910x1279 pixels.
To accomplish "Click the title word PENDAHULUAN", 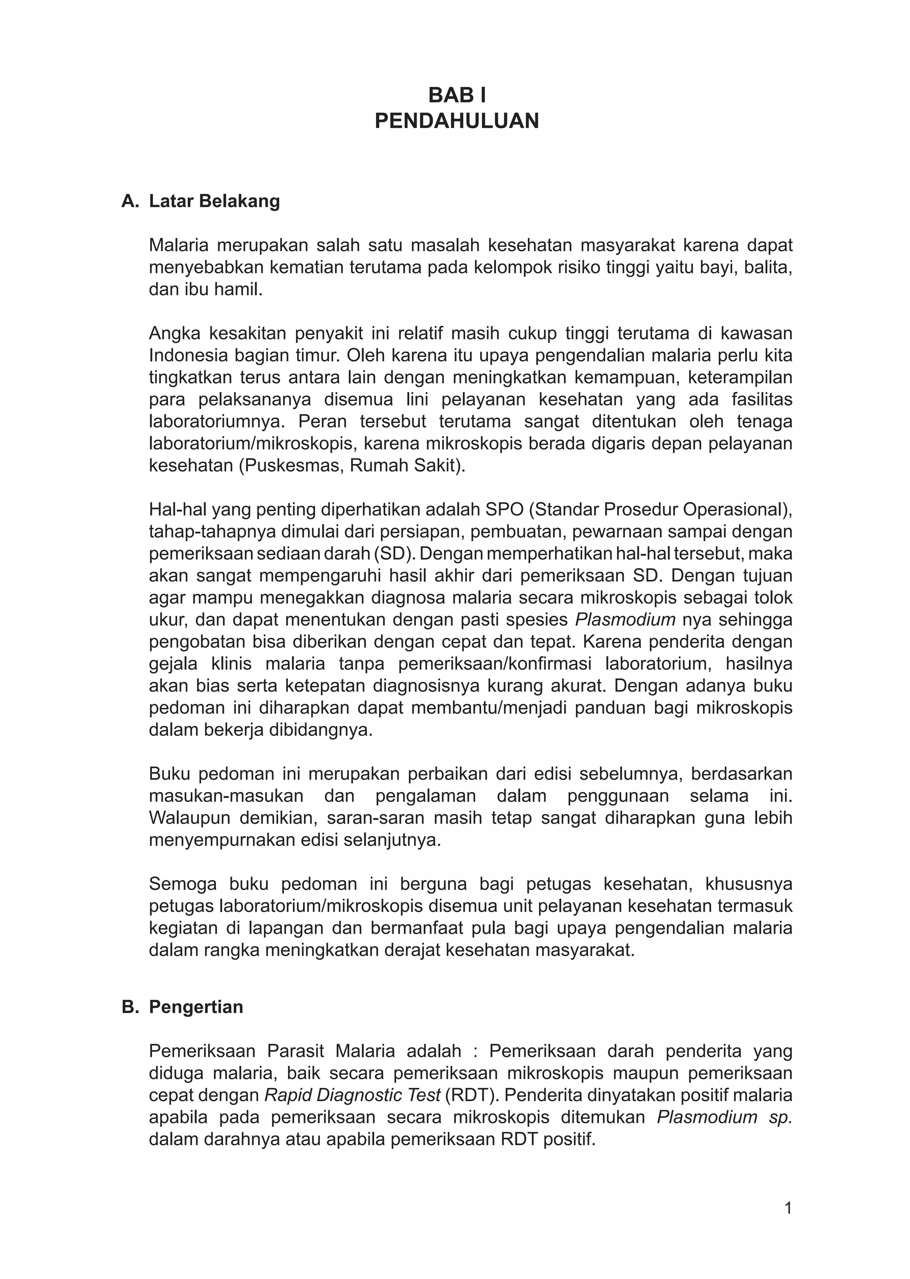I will (457, 121).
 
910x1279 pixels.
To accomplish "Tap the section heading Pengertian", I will (196, 1006).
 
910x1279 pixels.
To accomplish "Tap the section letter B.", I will (129, 1006).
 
